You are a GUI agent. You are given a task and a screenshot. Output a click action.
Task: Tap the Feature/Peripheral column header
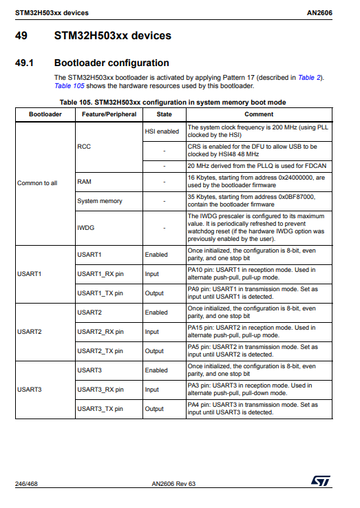[x=105, y=114]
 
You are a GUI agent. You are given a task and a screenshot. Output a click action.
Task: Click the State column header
[x=164, y=114]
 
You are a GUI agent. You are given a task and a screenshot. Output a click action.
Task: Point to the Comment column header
[x=258, y=114]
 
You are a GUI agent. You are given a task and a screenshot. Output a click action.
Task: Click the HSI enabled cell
[x=162, y=131]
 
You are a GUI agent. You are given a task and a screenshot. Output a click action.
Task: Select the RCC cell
[x=84, y=147]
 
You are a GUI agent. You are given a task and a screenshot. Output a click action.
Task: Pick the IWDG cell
[x=85, y=226]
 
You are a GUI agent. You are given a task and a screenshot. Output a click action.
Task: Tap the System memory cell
[x=100, y=201]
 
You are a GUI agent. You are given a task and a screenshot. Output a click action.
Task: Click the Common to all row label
[x=37, y=182]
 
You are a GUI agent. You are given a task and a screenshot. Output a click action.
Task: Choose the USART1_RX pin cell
[x=100, y=274]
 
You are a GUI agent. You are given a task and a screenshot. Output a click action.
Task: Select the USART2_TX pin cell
[x=100, y=351]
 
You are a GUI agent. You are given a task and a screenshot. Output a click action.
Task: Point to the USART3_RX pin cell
[x=100, y=390]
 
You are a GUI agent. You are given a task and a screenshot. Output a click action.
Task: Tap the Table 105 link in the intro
[x=68, y=86]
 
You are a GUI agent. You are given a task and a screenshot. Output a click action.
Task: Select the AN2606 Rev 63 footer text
[x=173, y=484]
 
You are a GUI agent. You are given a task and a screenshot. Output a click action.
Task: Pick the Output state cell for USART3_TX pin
[x=154, y=409]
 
